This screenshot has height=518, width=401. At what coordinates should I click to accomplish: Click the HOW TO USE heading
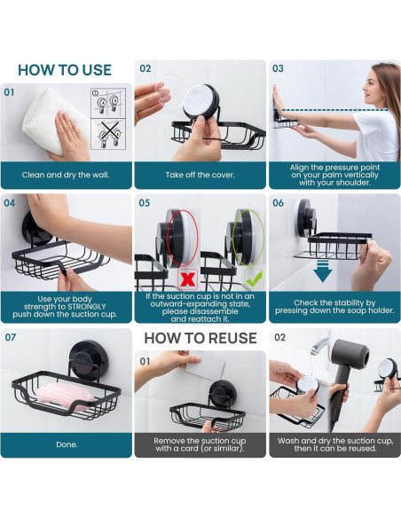coord(65,70)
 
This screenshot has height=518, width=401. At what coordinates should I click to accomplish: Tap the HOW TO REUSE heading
coord(200,338)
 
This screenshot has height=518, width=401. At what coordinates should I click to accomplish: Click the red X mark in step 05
coord(187,279)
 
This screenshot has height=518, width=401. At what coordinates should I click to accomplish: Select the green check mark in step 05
coord(255,279)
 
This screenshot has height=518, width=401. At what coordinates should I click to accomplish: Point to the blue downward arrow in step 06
coord(322,271)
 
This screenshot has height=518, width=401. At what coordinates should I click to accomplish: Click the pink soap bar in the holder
coord(65,396)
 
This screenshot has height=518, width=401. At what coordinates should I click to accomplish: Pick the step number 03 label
coord(278,68)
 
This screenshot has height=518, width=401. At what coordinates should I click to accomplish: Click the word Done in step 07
coord(67,444)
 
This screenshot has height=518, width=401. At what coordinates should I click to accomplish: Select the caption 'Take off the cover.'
coord(200,175)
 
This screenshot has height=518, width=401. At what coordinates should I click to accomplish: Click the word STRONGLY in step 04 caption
coord(87,307)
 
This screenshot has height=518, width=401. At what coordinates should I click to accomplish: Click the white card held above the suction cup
coord(205,366)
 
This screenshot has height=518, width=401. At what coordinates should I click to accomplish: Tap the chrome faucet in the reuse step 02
coord(322,343)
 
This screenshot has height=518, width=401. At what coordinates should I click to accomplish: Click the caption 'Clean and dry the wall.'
coord(66,175)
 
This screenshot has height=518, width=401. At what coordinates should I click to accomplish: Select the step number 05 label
coord(145,202)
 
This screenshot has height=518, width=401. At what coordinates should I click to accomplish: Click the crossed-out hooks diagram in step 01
coord(108,135)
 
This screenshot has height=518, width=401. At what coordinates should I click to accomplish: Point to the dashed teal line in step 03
coord(335,110)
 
